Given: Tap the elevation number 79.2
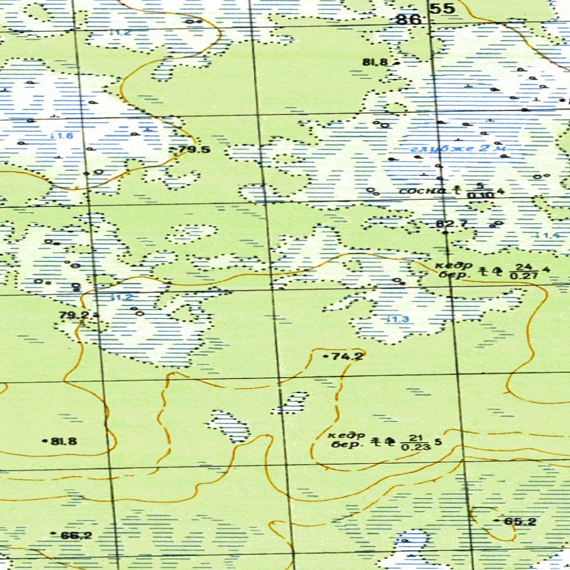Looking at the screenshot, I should (75, 316).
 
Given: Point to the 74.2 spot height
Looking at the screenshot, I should (347, 356).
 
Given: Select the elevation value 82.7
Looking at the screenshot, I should (451, 224).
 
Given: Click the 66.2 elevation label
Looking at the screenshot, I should (76, 535).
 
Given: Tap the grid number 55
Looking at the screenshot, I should (443, 9).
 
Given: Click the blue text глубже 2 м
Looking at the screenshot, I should (458, 149).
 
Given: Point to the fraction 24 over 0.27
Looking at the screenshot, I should (523, 271).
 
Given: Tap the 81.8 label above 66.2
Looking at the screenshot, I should (64, 441).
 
